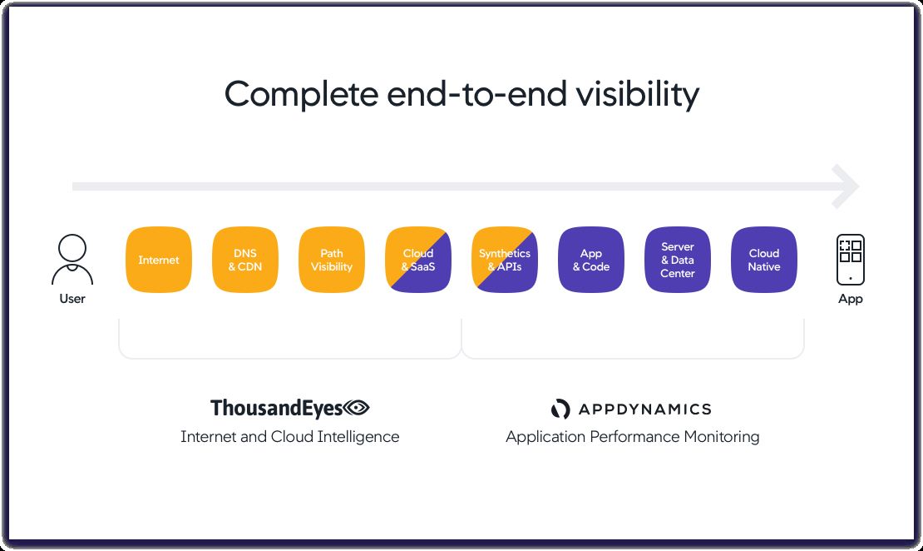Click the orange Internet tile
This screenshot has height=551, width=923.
click(x=159, y=260)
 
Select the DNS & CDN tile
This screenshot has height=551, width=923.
click(x=245, y=260)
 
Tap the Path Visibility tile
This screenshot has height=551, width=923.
click(x=332, y=260)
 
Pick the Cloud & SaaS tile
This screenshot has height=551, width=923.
click(x=418, y=260)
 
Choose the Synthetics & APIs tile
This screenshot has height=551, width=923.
click(x=505, y=260)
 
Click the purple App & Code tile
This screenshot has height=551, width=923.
click(x=591, y=260)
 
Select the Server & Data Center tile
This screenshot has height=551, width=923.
click(x=678, y=260)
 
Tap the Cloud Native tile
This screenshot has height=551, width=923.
click(x=764, y=260)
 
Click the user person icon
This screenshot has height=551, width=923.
click(x=72, y=259)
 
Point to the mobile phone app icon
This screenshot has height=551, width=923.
click(x=851, y=259)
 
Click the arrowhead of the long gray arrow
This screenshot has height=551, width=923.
click(x=846, y=186)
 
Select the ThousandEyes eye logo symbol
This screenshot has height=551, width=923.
click(x=357, y=408)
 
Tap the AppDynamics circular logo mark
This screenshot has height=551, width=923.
click(x=560, y=409)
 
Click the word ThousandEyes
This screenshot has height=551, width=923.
click(x=277, y=408)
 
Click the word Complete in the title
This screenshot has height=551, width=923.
click(x=301, y=94)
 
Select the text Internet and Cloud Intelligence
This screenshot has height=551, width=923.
click(x=289, y=436)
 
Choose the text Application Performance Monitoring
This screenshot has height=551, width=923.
click(x=632, y=436)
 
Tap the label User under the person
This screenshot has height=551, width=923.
click(x=72, y=298)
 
